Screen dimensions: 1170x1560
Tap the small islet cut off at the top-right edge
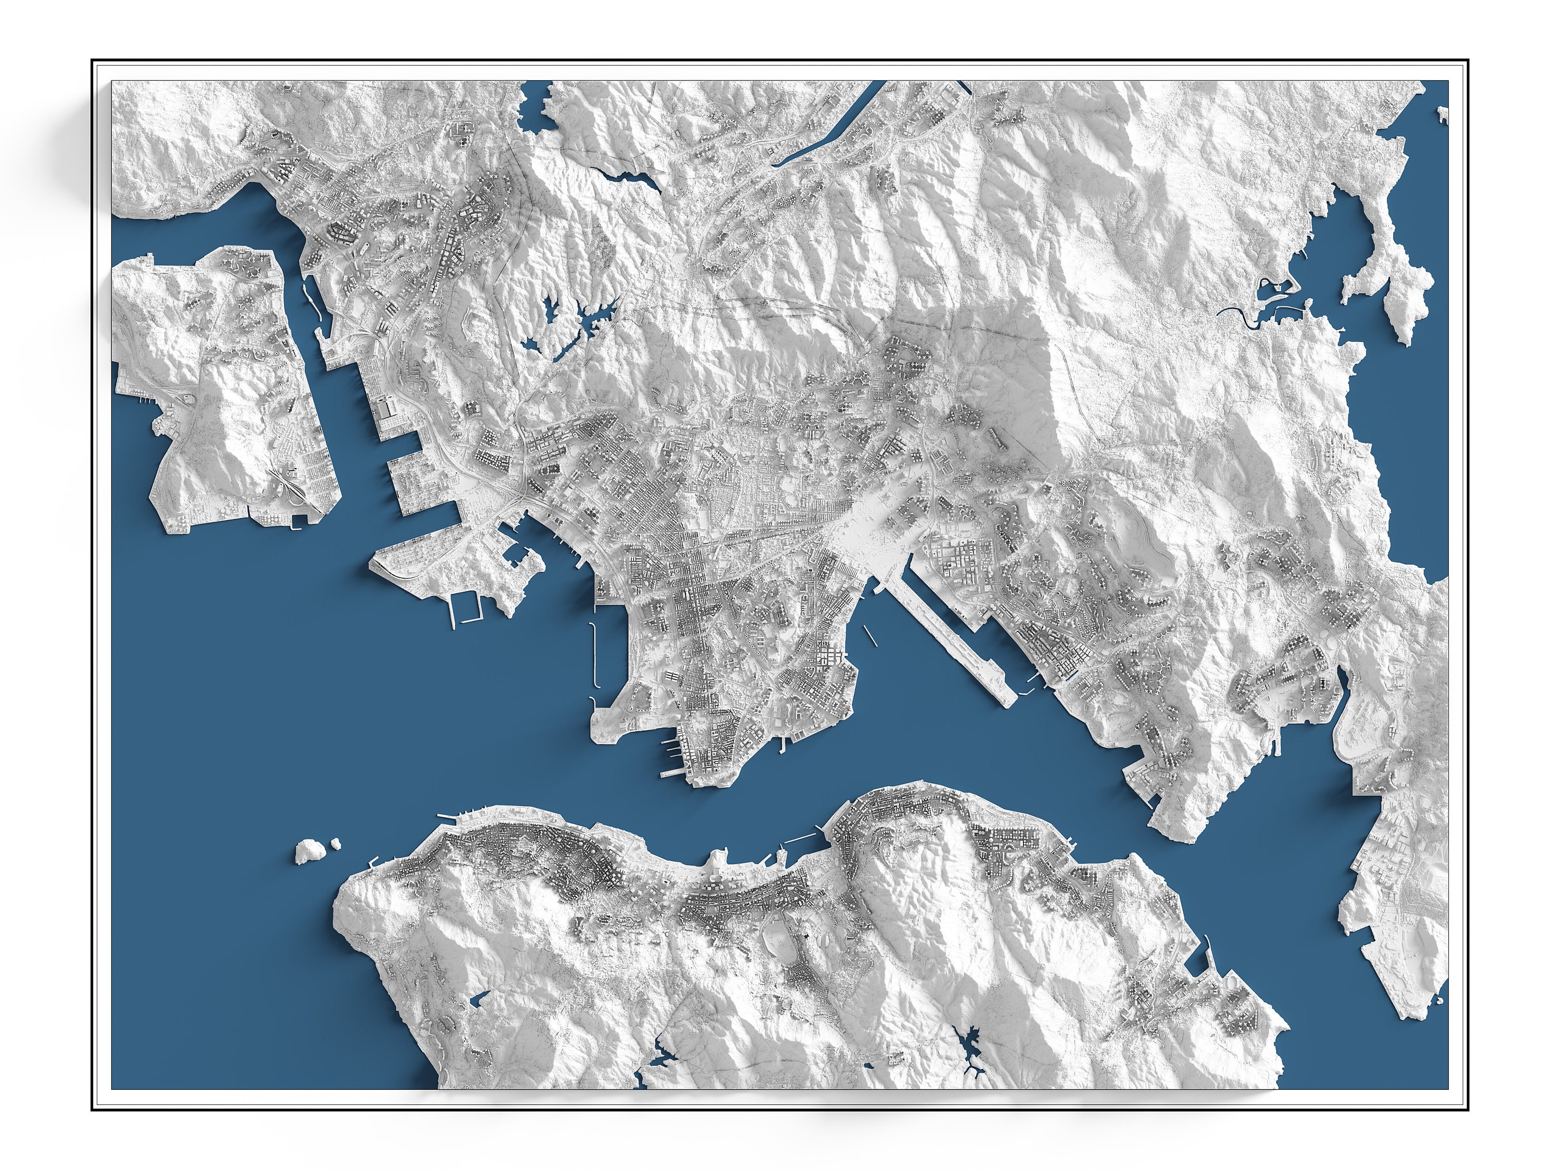pos(1443,113)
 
